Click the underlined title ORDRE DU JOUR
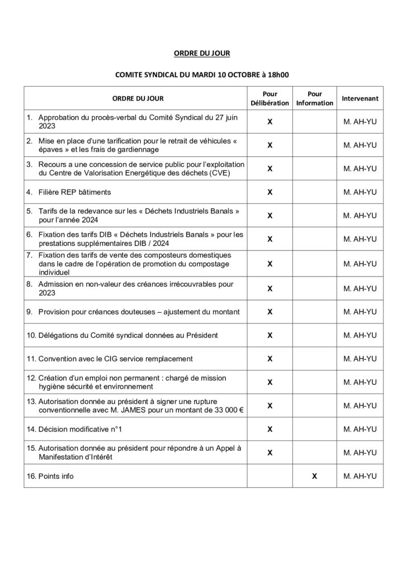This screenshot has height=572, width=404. pyautogui.click(x=201, y=54)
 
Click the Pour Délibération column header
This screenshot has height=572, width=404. pyautogui.click(x=270, y=99)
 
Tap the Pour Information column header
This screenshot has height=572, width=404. pyautogui.click(x=314, y=99)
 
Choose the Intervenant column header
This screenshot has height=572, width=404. pyautogui.click(x=360, y=99)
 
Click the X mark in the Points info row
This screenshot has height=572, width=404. pyautogui.click(x=314, y=476)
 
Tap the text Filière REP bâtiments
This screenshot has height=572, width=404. pyautogui.click(x=75, y=192)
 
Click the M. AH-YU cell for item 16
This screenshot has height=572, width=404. pyautogui.click(x=360, y=476)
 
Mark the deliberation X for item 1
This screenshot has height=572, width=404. pyautogui.click(x=270, y=122)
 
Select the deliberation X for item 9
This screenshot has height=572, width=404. pyautogui.click(x=270, y=311)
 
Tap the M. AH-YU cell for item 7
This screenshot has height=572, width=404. pyautogui.click(x=360, y=264)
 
